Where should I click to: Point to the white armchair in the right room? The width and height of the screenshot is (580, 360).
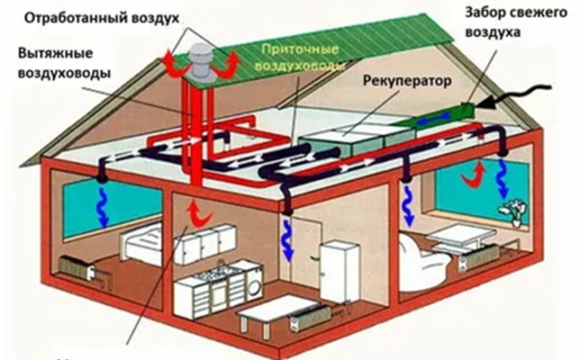click(419, 256)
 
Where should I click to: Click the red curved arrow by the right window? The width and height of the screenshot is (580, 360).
click(472, 175)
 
